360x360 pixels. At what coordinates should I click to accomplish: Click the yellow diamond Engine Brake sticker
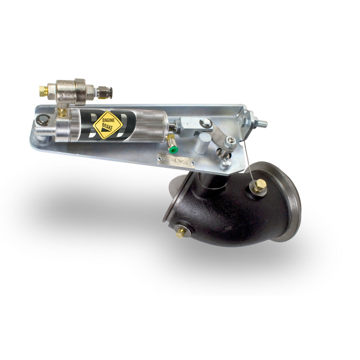tap(108, 125)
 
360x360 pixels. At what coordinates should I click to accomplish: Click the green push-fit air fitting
tap(173, 149)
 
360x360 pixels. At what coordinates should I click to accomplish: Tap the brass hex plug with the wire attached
tap(259, 185)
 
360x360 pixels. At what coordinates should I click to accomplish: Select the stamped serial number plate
tap(176, 160)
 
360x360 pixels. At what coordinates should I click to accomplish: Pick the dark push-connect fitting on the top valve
tap(104, 92)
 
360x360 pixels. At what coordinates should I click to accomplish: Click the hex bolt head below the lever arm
tap(225, 163)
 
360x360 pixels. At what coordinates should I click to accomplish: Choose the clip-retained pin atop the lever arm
tap(207, 123)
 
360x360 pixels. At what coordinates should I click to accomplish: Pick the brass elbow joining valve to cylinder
tap(63, 111)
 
